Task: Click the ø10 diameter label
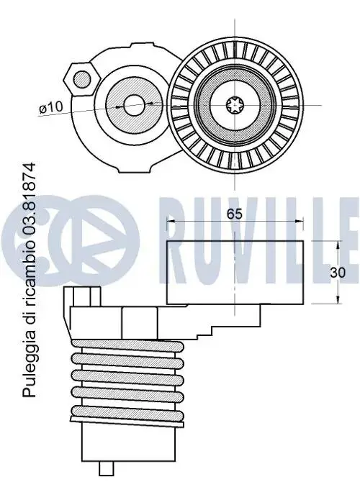point(51,107)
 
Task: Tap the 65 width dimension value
point(235,214)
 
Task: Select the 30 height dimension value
point(338,273)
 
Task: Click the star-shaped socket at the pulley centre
point(235,105)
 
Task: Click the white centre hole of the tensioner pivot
point(134,105)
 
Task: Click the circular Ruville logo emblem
point(70,240)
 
